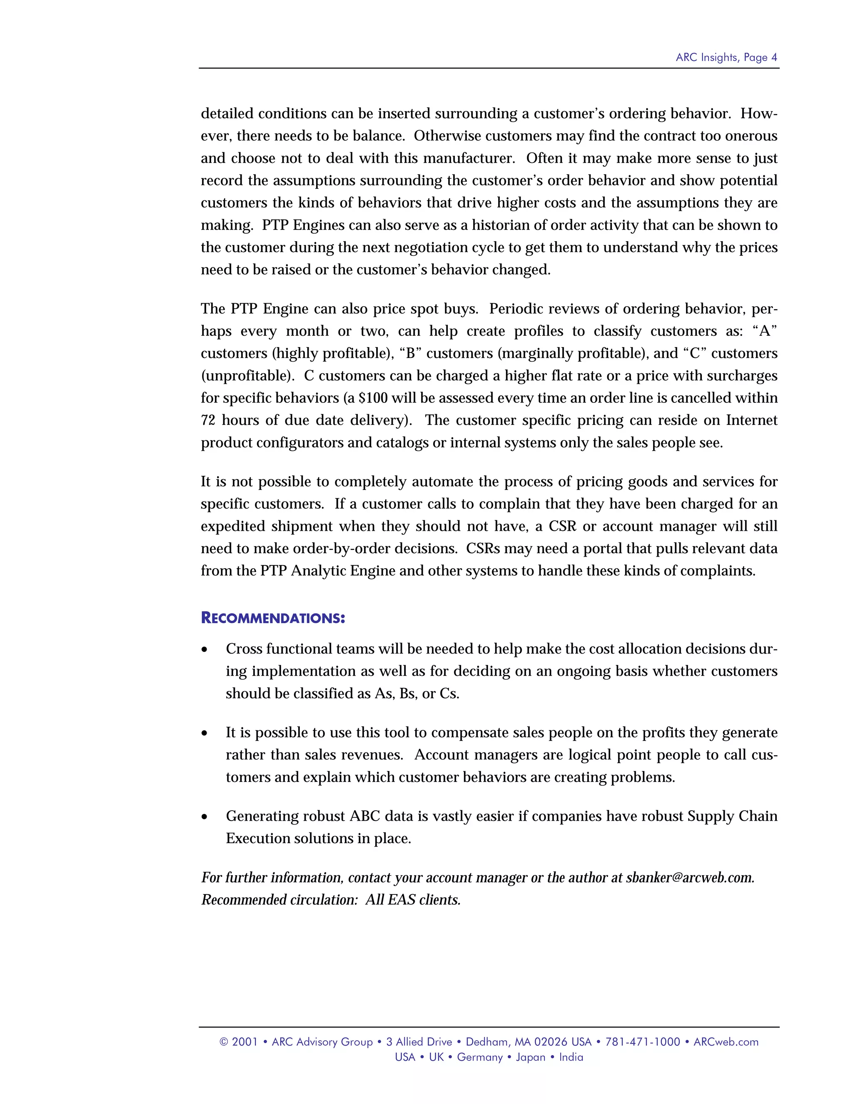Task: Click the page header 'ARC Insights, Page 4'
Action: pyautogui.click(x=726, y=57)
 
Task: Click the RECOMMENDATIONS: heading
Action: pyautogui.click(x=273, y=618)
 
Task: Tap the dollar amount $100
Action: pyautogui.click(x=373, y=398)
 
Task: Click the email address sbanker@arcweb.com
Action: pyautogui.click(x=689, y=877)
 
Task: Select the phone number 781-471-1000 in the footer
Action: pyautogui.click(x=643, y=1042)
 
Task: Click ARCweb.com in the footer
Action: pyautogui.click(x=726, y=1042)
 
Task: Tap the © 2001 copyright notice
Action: pyautogui.click(x=239, y=1042)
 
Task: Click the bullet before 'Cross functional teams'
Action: pyautogui.click(x=205, y=649)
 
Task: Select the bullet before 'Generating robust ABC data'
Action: pyautogui.click(x=205, y=817)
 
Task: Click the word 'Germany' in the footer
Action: pyautogui.click(x=479, y=1057)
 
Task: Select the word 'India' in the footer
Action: pyautogui.click(x=571, y=1057)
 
